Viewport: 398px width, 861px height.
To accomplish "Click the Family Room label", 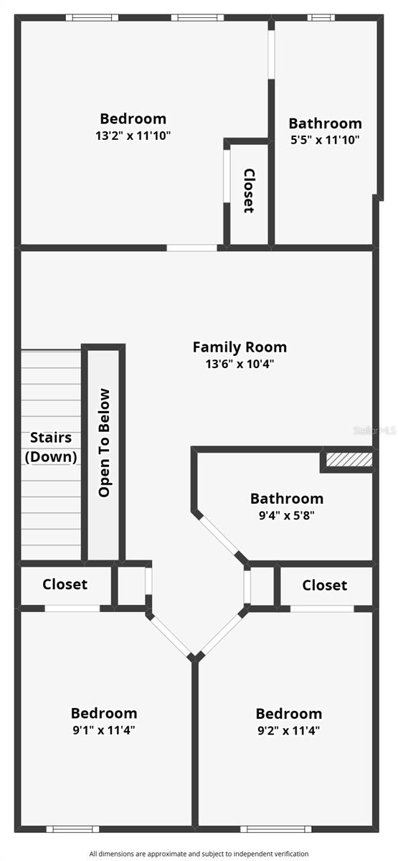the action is point(240,347).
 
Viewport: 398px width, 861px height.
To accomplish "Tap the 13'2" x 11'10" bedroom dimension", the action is point(133,136).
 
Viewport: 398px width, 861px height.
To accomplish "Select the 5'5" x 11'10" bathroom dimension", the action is point(325,140).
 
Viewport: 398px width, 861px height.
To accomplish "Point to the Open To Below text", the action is point(104,443).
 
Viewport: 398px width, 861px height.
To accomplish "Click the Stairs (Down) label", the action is point(51,447).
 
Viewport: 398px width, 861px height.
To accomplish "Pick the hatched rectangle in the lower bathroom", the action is point(349,459).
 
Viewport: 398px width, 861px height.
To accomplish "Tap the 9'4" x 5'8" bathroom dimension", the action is point(287,515).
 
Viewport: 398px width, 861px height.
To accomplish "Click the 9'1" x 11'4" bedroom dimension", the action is point(104,730).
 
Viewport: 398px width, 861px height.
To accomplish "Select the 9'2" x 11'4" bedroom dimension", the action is point(289,730).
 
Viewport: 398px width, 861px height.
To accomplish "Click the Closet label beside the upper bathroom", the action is point(249,191).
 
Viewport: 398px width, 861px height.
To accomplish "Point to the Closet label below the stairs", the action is point(65,584).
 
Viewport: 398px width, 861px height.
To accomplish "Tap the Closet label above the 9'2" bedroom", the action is point(325,585).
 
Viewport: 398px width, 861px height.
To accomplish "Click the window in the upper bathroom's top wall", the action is point(321,17).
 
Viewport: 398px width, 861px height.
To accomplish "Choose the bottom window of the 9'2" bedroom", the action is point(275,829).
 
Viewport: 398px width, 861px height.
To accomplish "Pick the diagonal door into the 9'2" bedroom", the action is point(222,634).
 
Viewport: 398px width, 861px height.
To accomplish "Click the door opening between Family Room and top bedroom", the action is point(191,248).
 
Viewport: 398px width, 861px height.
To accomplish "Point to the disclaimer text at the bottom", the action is point(199,853).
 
